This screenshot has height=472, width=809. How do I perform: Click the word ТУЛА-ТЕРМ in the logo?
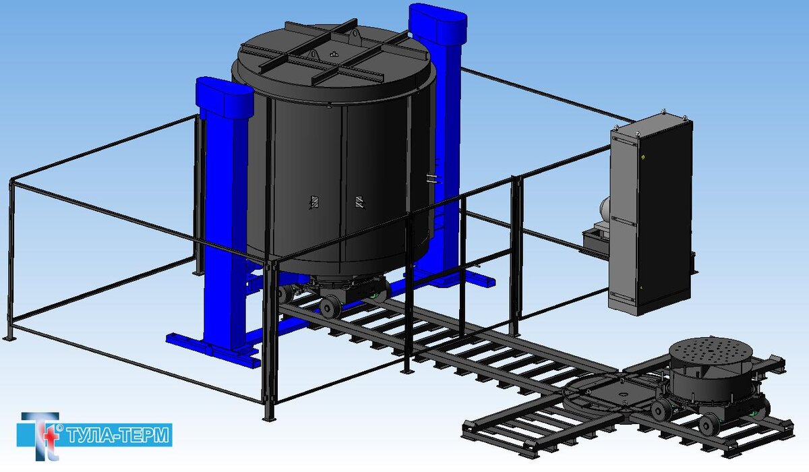point(118,435)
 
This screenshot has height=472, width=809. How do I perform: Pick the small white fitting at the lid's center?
point(334,54)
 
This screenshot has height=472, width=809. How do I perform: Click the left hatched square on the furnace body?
point(315,202)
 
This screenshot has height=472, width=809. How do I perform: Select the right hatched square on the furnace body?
point(359,202)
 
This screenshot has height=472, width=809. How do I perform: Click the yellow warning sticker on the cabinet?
point(642,157)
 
